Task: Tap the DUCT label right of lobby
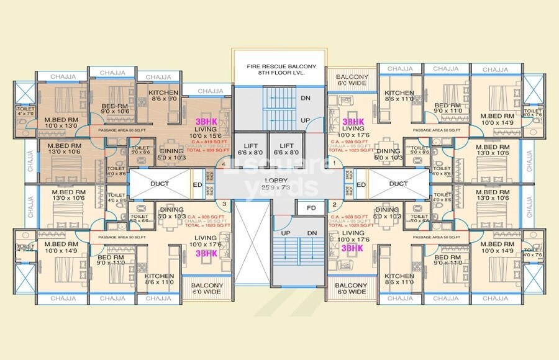pos(398,184)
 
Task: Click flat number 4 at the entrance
pos(223,164)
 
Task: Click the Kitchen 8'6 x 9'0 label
pos(163,95)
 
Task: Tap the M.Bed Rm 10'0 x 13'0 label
pos(60,122)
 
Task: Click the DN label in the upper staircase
pos(306,98)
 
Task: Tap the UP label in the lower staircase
pos(286,232)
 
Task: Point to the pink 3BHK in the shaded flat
pos(206,120)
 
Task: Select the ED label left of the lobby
pos(197,185)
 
